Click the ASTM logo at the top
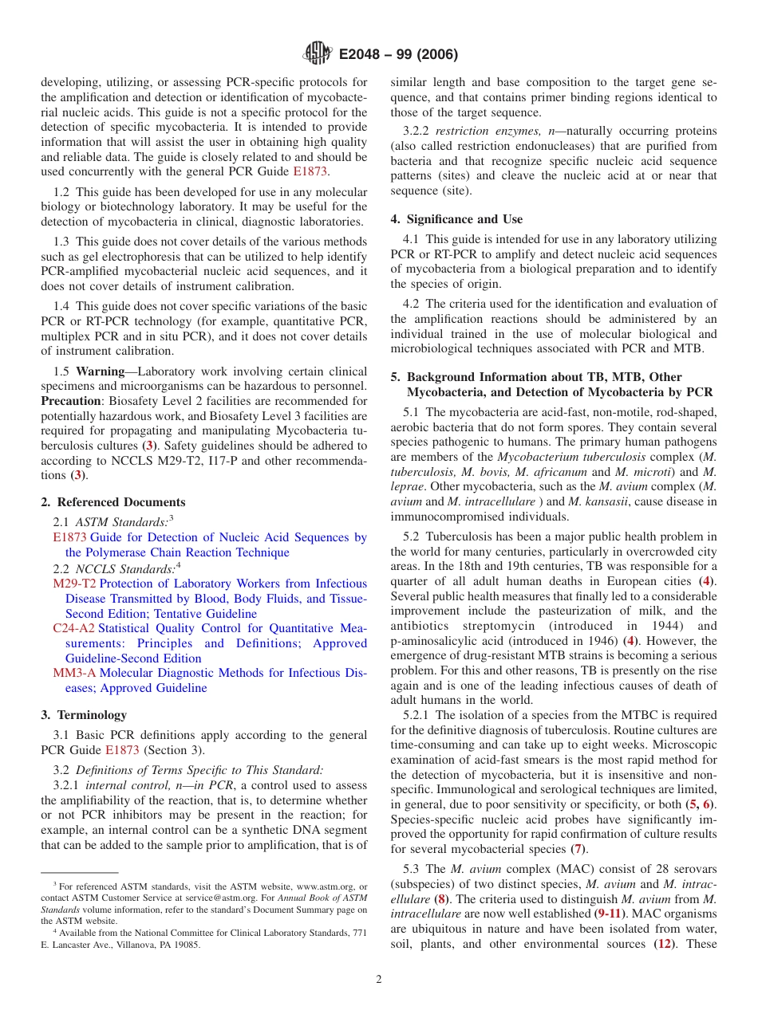[x=318, y=54]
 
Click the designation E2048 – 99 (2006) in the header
[x=398, y=55]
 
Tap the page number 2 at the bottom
[x=379, y=979]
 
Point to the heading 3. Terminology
[x=84, y=715]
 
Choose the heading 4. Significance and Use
[x=456, y=219]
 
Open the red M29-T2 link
[x=74, y=584]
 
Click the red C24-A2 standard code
[x=73, y=628]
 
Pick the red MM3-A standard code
[x=74, y=673]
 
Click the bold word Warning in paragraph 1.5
[x=100, y=371]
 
